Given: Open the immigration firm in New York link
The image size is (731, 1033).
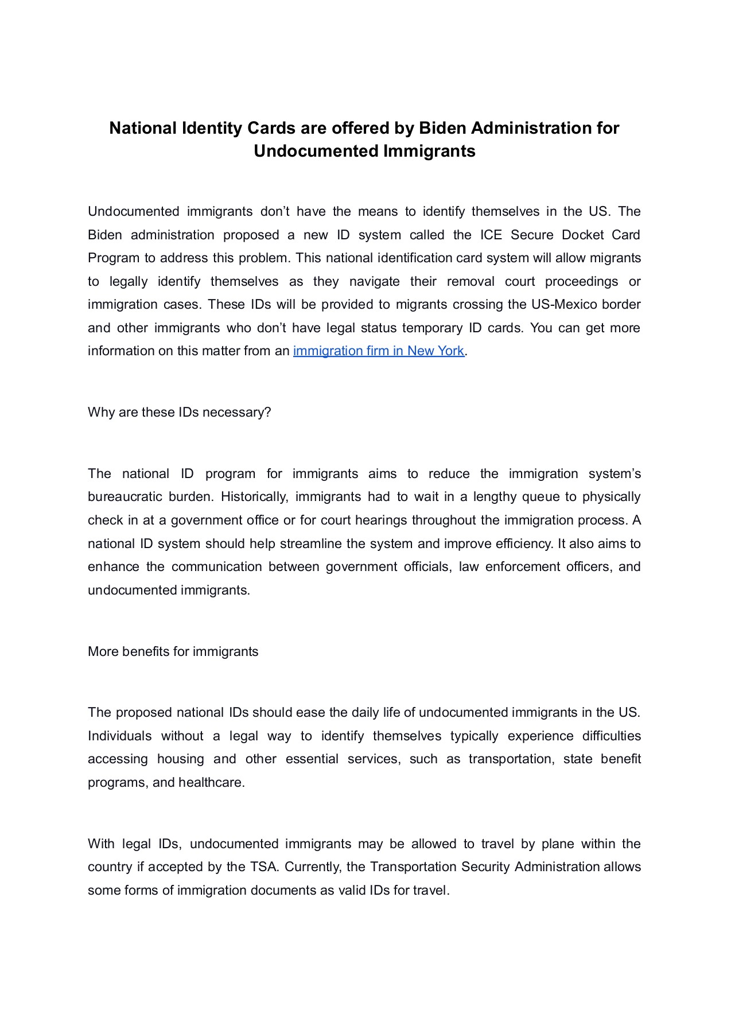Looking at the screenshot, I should pos(378,351).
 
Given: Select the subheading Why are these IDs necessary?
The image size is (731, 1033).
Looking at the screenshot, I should pos(179,412).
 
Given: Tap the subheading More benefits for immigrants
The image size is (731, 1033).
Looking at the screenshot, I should pos(173,651).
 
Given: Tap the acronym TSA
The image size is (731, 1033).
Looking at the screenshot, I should pos(264,867).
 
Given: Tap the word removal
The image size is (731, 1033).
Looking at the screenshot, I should pos(471,281).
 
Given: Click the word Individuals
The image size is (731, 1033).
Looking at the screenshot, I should pos(119,736).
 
